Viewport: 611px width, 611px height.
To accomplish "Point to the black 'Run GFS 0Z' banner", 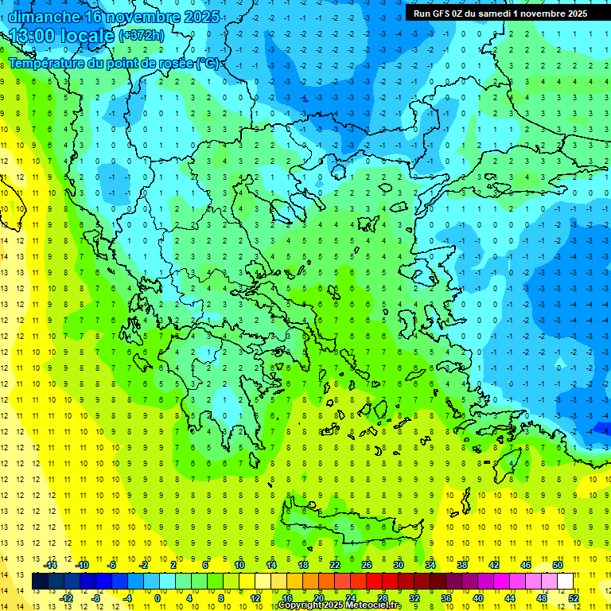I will pos(500,13).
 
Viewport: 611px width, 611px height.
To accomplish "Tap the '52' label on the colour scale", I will pos(574,597).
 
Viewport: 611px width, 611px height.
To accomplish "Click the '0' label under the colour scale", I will pos(158,597).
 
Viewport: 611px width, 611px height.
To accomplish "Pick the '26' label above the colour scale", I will pos(367,565).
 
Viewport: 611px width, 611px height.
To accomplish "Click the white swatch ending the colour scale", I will pos(566,582).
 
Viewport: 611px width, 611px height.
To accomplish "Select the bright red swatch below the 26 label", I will pos(375,582).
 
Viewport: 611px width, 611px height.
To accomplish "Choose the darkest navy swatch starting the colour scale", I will pos(40,582).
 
